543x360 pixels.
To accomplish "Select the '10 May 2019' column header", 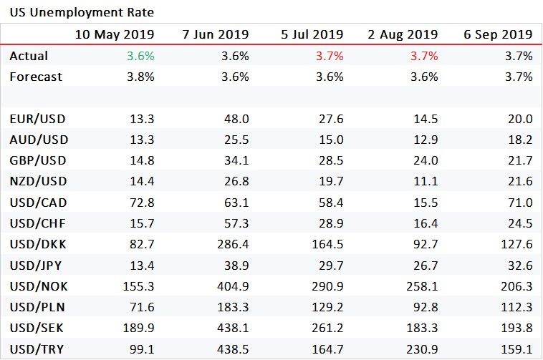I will coord(114,34).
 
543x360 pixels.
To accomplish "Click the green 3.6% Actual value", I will coord(140,55).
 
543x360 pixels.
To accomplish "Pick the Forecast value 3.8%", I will coord(140,77).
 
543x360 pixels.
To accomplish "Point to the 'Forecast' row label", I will coord(36,77).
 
